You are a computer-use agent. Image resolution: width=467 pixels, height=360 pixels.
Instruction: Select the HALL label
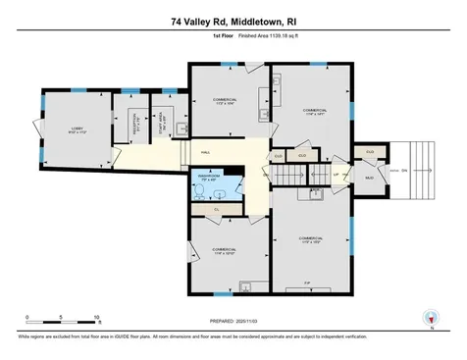click(x=207, y=152)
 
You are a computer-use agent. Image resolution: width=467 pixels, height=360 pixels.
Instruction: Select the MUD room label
click(x=370, y=177)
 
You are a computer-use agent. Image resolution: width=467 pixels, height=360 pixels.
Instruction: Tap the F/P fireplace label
click(x=307, y=282)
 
